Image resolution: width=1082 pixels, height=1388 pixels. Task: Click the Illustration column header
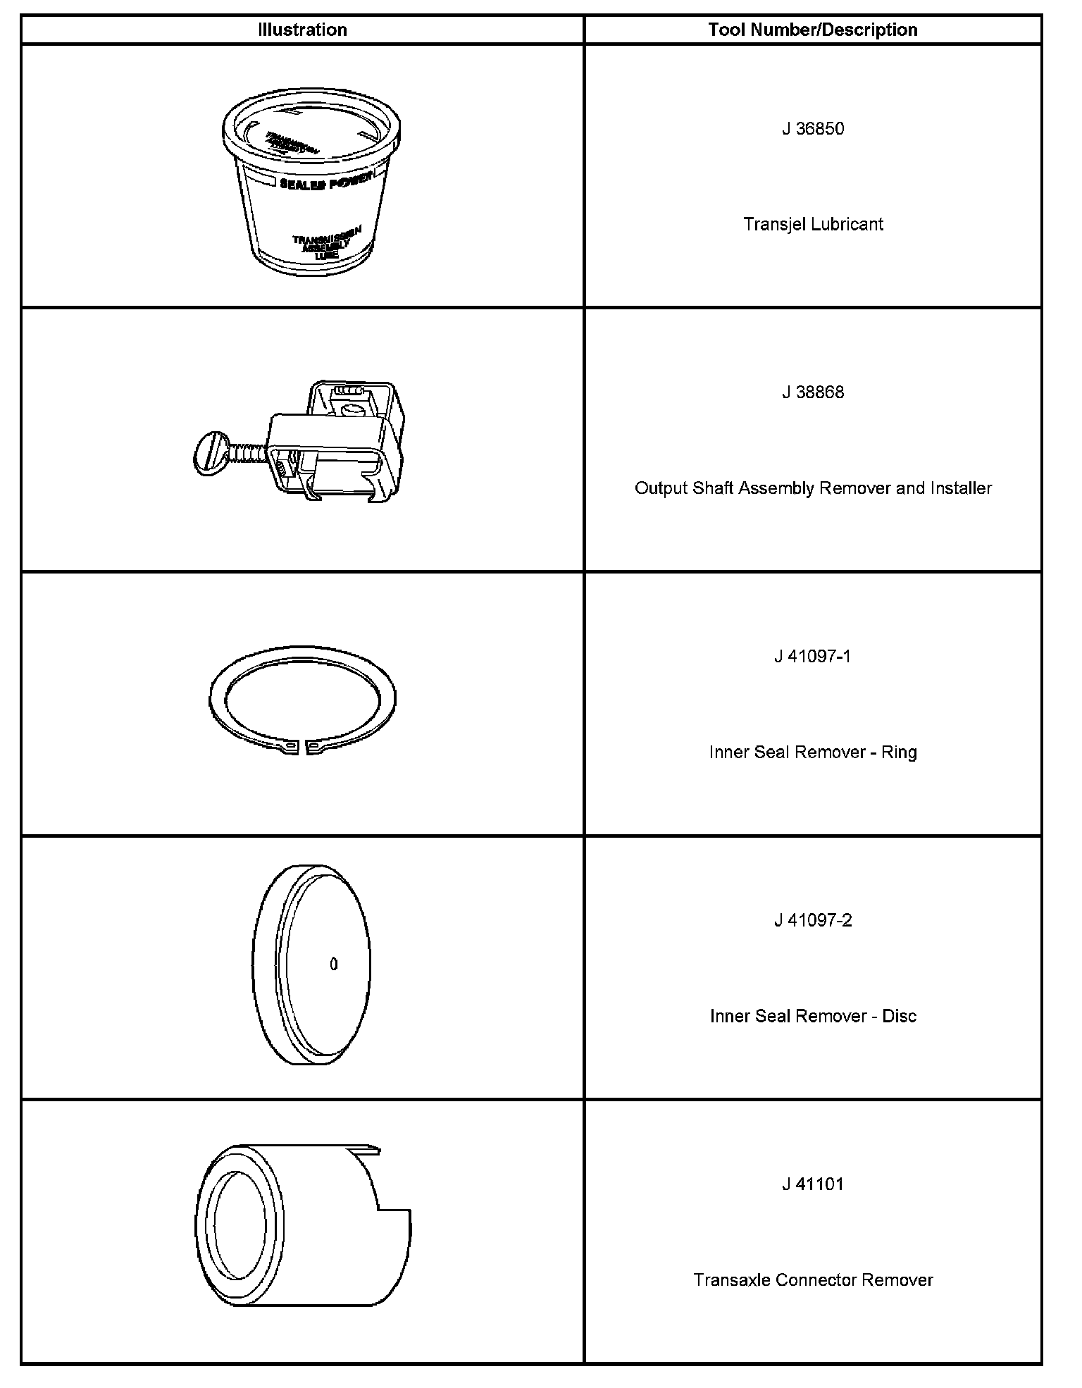tap(302, 30)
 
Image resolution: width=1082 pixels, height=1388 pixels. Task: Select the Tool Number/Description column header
tap(813, 30)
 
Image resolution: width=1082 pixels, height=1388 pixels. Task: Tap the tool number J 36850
tap(813, 129)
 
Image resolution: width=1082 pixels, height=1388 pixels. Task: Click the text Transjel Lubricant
tap(813, 224)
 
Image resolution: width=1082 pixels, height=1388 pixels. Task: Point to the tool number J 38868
tap(813, 392)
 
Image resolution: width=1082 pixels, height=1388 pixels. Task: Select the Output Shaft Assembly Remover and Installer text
tap(813, 488)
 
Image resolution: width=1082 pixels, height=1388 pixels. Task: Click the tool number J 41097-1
tap(813, 657)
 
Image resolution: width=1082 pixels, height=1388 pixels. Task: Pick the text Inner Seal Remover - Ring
tap(813, 752)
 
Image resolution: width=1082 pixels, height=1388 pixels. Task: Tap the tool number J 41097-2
tap(813, 921)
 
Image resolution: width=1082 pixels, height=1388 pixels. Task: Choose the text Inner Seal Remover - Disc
tap(813, 1016)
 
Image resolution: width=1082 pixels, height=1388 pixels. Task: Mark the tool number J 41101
tap(813, 1184)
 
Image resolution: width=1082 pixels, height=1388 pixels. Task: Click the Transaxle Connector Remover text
tap(813, 1280)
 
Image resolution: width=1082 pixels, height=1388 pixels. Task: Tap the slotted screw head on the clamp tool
tap(207, 451)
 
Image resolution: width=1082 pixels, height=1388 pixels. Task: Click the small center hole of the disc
tap(334, 964)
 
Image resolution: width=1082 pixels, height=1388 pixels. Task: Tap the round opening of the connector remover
tap(240, 1226)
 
